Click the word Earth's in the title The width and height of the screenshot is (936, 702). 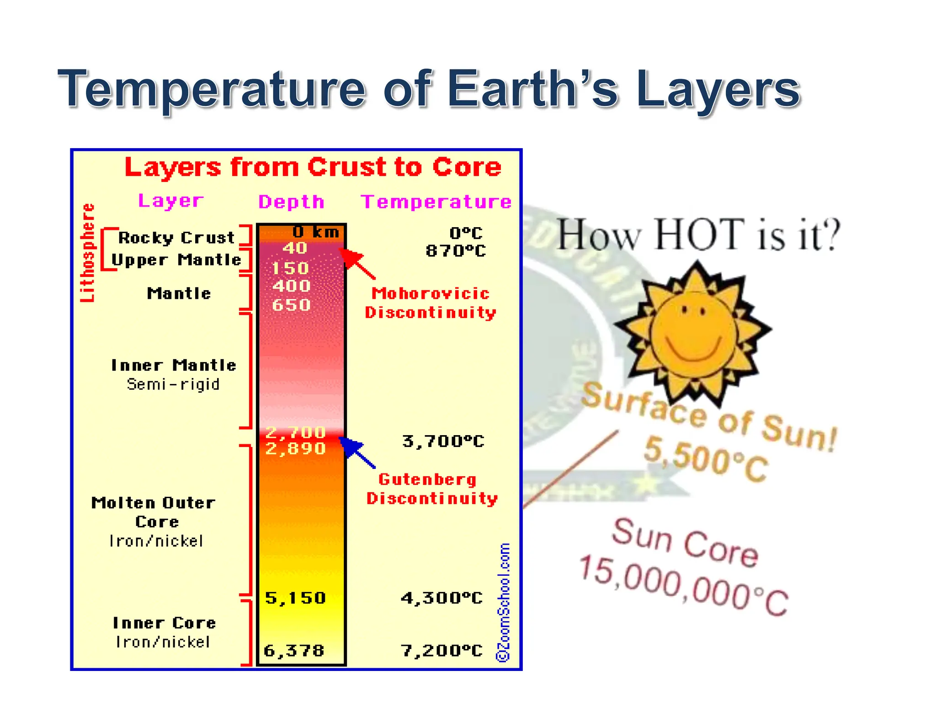pos(532,89)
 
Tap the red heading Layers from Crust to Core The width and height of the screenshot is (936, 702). pos(313,167)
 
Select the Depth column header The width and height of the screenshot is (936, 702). pos(292,202)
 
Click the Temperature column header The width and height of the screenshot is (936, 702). pos(436,202)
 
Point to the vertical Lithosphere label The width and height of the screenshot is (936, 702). pos(88,253)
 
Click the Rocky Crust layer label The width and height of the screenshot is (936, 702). pos(176,238)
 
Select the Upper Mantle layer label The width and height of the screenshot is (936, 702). pos(176,260)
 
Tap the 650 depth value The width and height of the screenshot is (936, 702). pos(291,305)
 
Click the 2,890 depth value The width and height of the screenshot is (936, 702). pos(296,449)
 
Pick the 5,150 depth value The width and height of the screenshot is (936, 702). pos(296,598)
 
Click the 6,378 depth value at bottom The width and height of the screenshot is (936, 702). pos(294,650)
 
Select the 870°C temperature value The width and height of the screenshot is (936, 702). pos(456,251)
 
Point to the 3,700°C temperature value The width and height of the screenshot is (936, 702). pos(443,441)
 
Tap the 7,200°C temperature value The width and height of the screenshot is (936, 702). pos(441,650)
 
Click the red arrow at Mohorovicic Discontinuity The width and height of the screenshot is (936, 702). pos(357,264)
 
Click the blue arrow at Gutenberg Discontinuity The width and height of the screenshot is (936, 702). pos(357,452)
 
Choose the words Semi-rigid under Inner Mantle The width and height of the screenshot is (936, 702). pos(173,384)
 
